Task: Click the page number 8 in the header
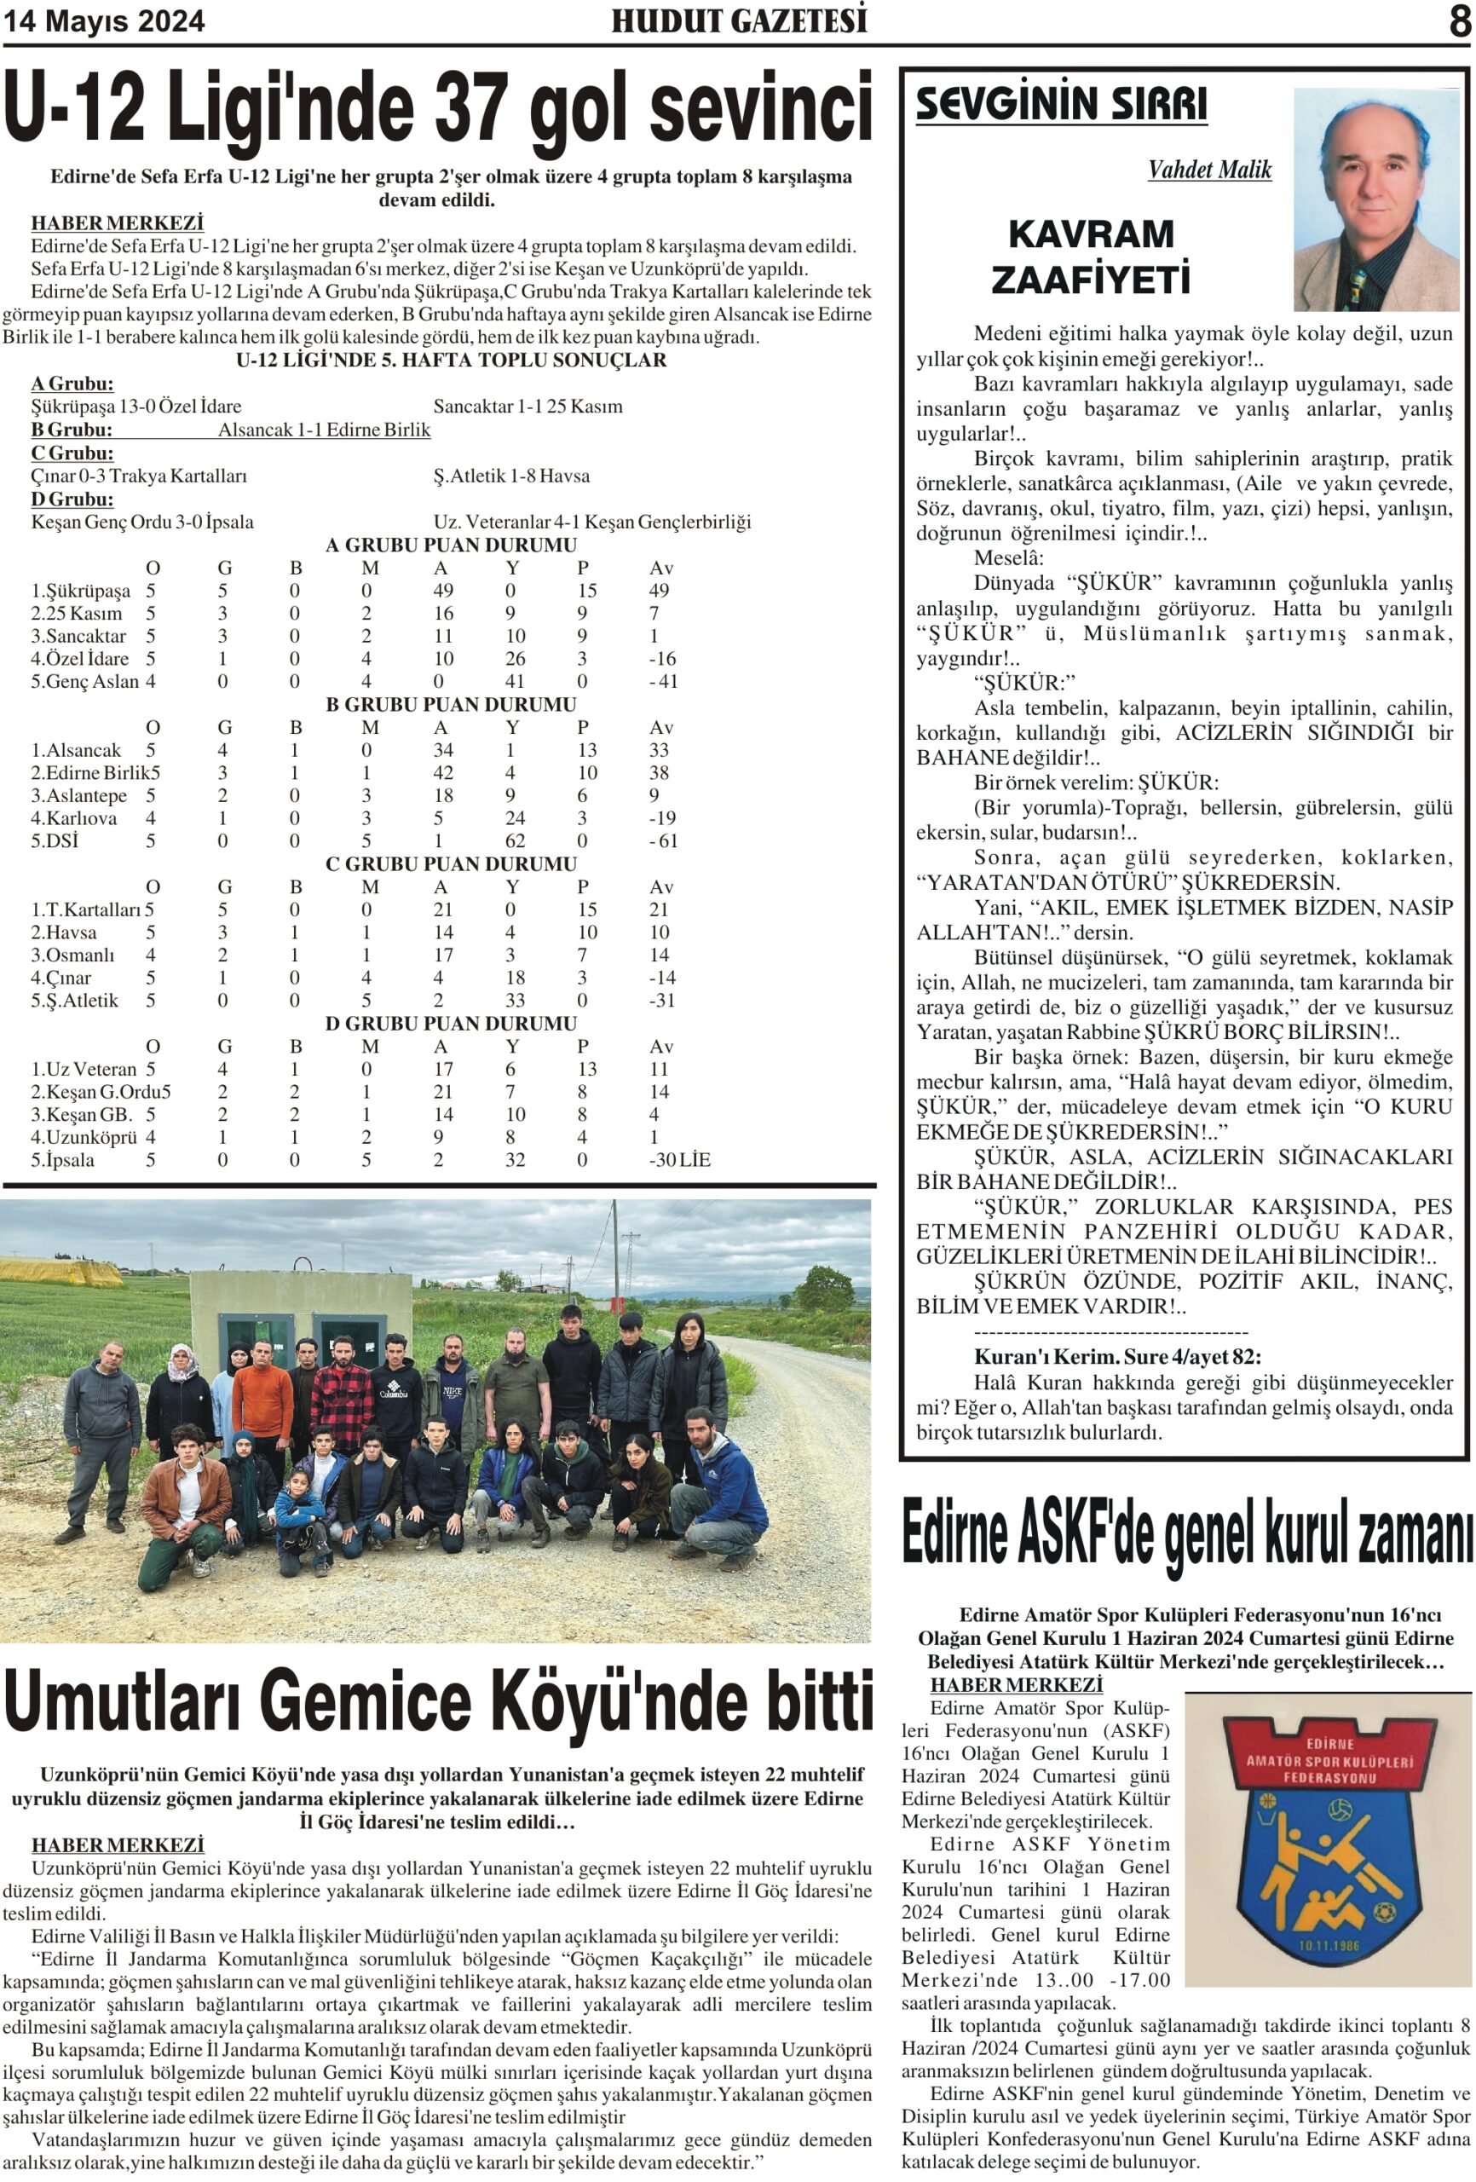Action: pos(1457,21)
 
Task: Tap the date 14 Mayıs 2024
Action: pos(105,21)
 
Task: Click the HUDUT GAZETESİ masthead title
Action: pos(739,20)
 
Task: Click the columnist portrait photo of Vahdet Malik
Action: pos(1375,199)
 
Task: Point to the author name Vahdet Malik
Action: pos(1208,170)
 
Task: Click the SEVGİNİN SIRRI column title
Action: pos(1061,103)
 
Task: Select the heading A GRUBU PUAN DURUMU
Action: pos(451,545)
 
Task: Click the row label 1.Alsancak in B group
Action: pos(77,750)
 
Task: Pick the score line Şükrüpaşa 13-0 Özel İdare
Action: pos(136,407)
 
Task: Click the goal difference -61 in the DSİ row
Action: pos(663,841)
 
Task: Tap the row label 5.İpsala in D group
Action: pos(63,1161)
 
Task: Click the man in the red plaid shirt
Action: pos(343,1394)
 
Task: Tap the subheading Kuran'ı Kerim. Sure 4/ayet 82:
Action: pos(1117,1357)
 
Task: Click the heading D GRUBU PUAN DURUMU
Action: pos(451,1024)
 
